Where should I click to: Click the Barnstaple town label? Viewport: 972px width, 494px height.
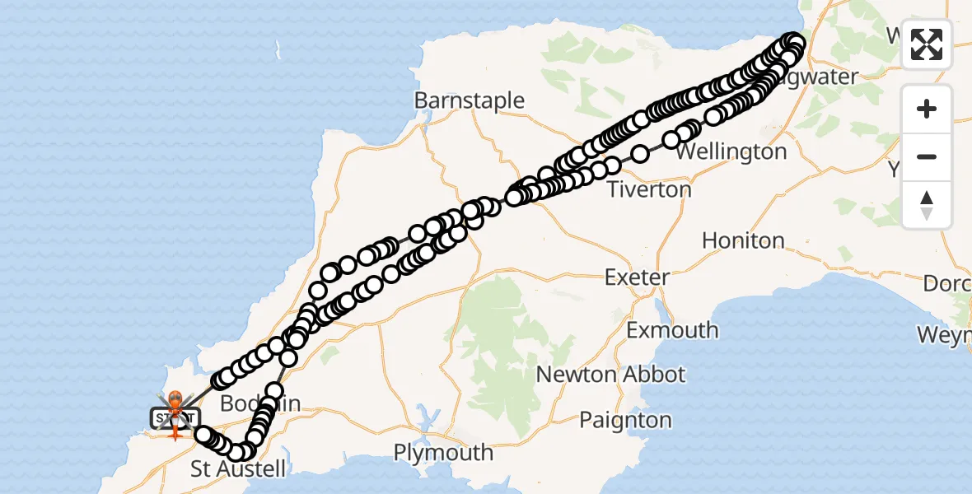pyautogui.click(x=470, y=100)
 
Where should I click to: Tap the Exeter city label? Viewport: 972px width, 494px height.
pyautogui.click(x=637, y=277)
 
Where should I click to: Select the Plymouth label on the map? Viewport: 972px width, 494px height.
pyautogui.click(x=443, y=453)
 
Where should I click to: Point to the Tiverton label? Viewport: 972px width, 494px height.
pyautogui.click(x=649, y=189)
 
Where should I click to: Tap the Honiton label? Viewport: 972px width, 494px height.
pyautogui.click(x=743, y=240)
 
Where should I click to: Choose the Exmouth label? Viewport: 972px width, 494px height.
pyautogui.click(x=672, y=330)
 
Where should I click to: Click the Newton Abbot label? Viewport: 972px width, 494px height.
pyautogui.click(x=610, y=375)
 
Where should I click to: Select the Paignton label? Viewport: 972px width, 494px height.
pyautogui.click(x=625, y=420)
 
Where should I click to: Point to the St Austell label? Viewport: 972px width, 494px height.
pyautogui.click(x=238, y=469)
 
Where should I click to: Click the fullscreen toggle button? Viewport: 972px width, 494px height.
pyautogui.click(x=927, y=44)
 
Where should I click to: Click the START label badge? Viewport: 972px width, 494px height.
pyautogui.click(x=175, y=418)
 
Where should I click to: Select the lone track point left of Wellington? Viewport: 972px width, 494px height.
pyautogui.click(x=641, y=153)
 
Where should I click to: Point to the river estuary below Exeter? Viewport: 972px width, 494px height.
pyautogui.click(x=661, y=309)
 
